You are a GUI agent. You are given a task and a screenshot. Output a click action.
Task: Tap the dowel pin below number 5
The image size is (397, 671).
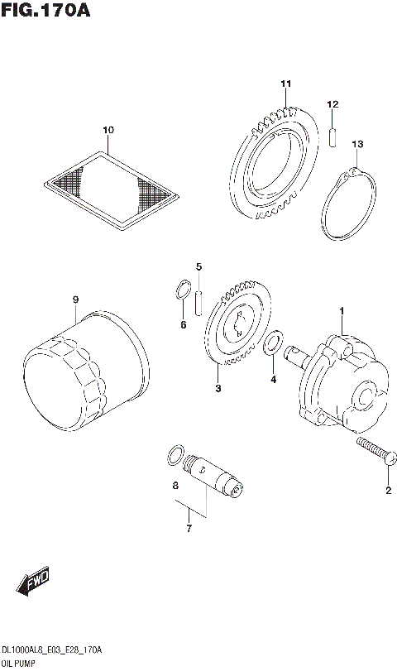(x=199, y=300)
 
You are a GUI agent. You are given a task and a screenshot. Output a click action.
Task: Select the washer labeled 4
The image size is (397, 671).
(x=270, y=343)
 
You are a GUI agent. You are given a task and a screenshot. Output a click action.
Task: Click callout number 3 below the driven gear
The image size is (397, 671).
(x=218, y=389)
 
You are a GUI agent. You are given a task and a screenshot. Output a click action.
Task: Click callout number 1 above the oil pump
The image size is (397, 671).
(x=341, y=310)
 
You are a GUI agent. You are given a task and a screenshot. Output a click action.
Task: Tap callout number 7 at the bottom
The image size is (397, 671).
(x=189, y=528)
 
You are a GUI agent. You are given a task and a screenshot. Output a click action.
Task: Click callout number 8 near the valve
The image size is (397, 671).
(x=175, y=486)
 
